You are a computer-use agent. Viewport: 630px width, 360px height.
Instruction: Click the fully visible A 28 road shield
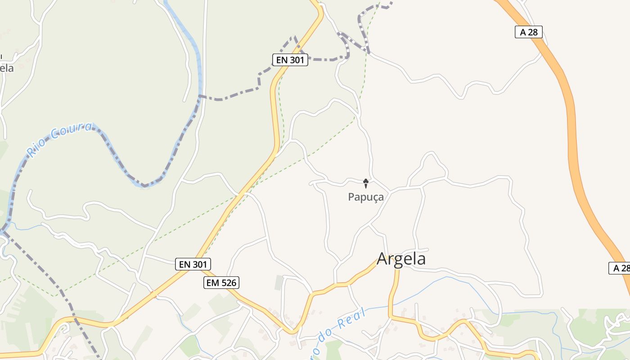528,32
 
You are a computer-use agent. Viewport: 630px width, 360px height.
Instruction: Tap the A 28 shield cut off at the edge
619,268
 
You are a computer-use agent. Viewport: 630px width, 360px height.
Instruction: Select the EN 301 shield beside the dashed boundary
290,60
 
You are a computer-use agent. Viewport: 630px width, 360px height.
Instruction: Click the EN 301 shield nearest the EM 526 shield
193,264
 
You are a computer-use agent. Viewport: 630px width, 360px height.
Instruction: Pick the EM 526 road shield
221,283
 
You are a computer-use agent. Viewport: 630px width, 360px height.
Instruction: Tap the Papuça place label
366,197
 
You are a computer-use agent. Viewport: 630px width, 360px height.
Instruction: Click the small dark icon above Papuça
366,183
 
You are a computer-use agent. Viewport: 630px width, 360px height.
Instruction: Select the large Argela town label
401,259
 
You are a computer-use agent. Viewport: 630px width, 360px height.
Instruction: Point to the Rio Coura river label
60,139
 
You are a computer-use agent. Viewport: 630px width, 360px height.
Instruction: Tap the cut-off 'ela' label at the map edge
7,68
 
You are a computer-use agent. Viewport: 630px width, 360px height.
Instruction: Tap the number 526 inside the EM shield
228,283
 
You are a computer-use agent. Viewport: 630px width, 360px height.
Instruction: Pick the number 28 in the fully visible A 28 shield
533,32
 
